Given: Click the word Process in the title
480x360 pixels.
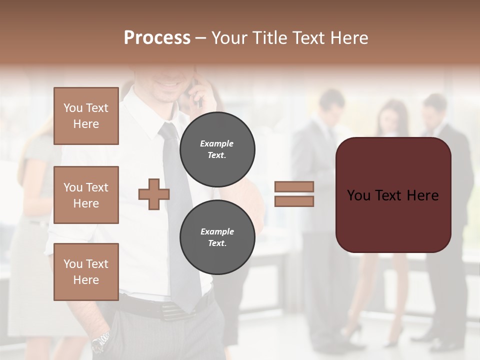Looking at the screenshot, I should click(x=157, y=38).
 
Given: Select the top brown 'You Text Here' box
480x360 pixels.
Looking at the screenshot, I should click(x=86, y=116).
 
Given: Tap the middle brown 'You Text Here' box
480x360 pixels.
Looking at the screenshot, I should click(x=86, y=195).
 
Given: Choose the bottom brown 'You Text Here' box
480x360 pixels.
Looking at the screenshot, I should click(x=86, y=272).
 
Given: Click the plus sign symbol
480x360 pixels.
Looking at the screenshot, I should click(x=154, y=193).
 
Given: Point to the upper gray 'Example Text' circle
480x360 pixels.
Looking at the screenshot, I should click(x=217, y=149).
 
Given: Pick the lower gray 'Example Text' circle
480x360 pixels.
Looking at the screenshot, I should click(x=217, y=237).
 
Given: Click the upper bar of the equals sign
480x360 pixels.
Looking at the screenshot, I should click(x=294, y=186).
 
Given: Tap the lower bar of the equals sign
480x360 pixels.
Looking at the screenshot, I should click(x=294, y=201).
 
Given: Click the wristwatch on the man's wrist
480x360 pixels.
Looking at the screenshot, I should click(x=100, y=341).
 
